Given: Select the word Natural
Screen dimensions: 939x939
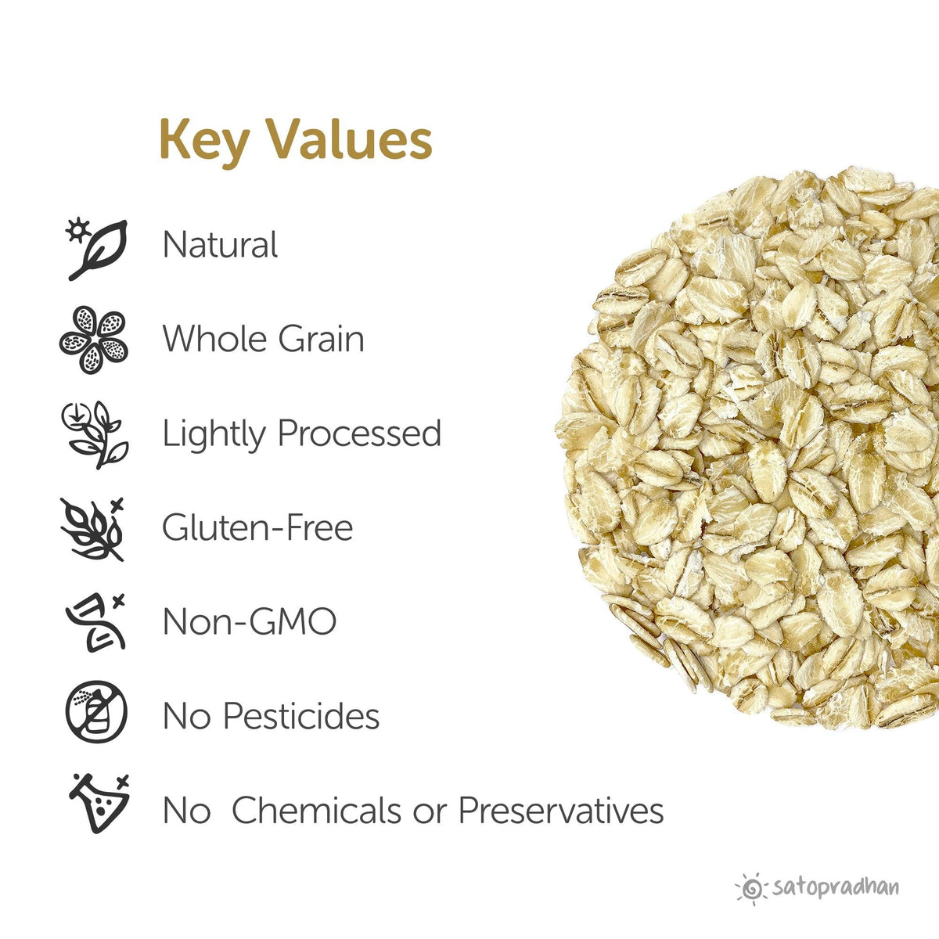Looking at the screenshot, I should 220,245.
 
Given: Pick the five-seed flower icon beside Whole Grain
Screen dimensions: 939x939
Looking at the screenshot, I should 94,340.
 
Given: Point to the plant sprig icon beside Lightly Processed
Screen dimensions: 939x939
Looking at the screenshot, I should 95,434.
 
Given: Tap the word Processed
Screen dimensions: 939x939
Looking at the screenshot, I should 359,434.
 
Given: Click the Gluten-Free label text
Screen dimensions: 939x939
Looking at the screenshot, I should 257,528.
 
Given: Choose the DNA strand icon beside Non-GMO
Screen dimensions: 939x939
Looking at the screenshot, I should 95,623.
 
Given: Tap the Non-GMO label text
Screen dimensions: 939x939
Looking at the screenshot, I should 249,622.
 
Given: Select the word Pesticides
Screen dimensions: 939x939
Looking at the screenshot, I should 301,716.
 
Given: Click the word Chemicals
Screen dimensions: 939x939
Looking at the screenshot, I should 316,810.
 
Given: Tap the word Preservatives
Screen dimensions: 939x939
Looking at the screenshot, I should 560,810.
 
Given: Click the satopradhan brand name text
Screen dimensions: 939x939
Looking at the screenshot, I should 835,887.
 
